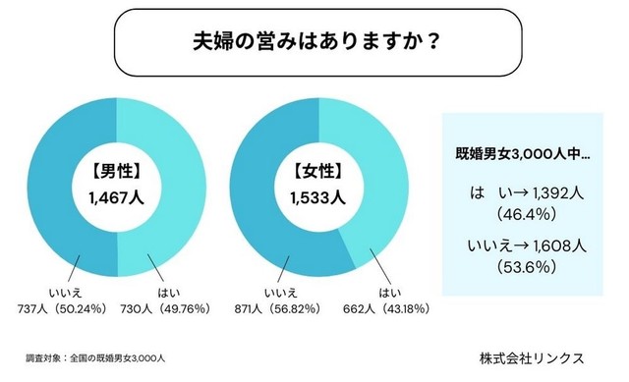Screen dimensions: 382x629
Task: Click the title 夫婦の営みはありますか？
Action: pos(314,43)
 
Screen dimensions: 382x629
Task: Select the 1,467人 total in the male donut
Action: pos(117,197)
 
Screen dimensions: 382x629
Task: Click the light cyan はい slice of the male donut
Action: pos(181,183)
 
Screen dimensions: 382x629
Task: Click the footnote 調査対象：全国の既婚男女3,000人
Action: pos(95,357)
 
